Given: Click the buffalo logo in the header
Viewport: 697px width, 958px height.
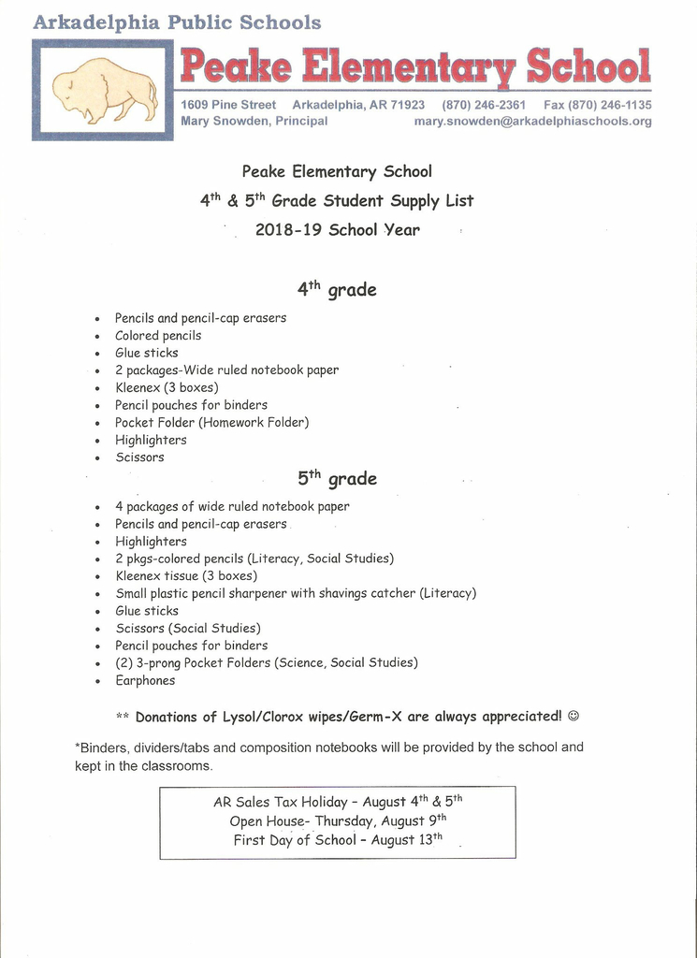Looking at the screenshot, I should click(104, 91).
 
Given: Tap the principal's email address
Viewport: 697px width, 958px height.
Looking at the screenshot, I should click(532, 122).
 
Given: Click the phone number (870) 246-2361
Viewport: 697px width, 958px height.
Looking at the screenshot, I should click(484, 106).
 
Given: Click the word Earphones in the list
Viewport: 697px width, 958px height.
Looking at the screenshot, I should click(145, 681).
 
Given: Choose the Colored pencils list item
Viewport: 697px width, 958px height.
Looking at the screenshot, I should click(158, 336).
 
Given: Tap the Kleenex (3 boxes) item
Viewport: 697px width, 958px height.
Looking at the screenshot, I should click(167, 387).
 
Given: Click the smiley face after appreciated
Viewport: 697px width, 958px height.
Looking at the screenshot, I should click(574, 717).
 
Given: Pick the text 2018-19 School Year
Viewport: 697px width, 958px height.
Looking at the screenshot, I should click(337, 230).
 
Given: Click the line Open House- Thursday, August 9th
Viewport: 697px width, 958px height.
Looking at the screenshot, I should click(337, 821).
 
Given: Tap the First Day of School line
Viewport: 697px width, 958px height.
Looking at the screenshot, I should click(337, 840).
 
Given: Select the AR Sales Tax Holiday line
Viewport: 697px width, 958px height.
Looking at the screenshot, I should click(337, 803).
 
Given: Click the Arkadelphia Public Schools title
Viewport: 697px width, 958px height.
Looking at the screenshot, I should click(178, 22).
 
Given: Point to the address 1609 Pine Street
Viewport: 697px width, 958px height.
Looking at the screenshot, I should click(228, 106).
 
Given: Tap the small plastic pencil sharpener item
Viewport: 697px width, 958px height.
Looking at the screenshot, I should click(296, 593).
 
